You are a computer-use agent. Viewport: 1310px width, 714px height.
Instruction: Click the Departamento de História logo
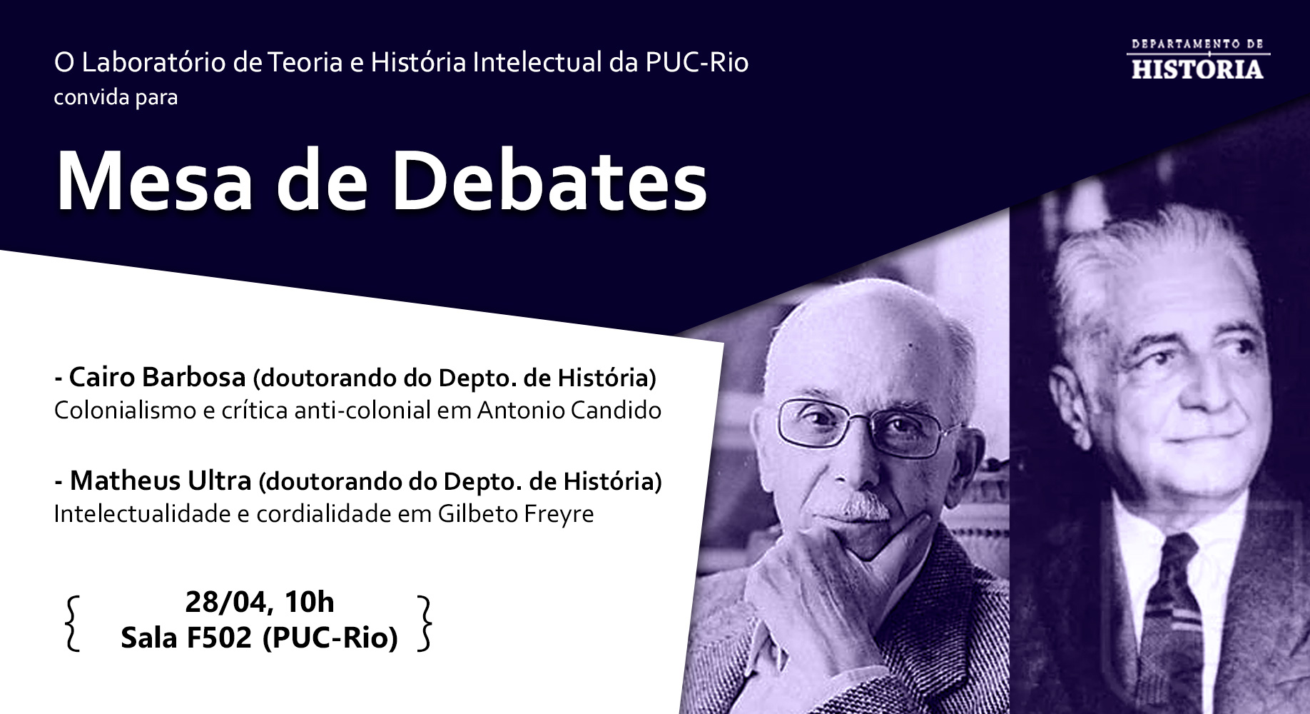click(1197, 59)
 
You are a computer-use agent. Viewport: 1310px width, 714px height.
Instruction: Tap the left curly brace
click(71, 623)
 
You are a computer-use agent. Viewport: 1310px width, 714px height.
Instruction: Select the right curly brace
click(425, 623)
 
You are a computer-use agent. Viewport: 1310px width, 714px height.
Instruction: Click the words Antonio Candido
click(569, 411)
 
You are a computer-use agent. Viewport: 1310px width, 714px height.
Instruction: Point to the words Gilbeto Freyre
click(515, 514)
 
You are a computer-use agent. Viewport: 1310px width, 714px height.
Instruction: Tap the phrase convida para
click(116, 96)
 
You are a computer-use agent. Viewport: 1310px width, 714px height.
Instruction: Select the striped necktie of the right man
click(1173, 614)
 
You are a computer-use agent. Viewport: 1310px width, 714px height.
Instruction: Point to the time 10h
click(309, 603)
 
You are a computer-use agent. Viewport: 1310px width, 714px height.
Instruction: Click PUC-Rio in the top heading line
click(696, 63)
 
